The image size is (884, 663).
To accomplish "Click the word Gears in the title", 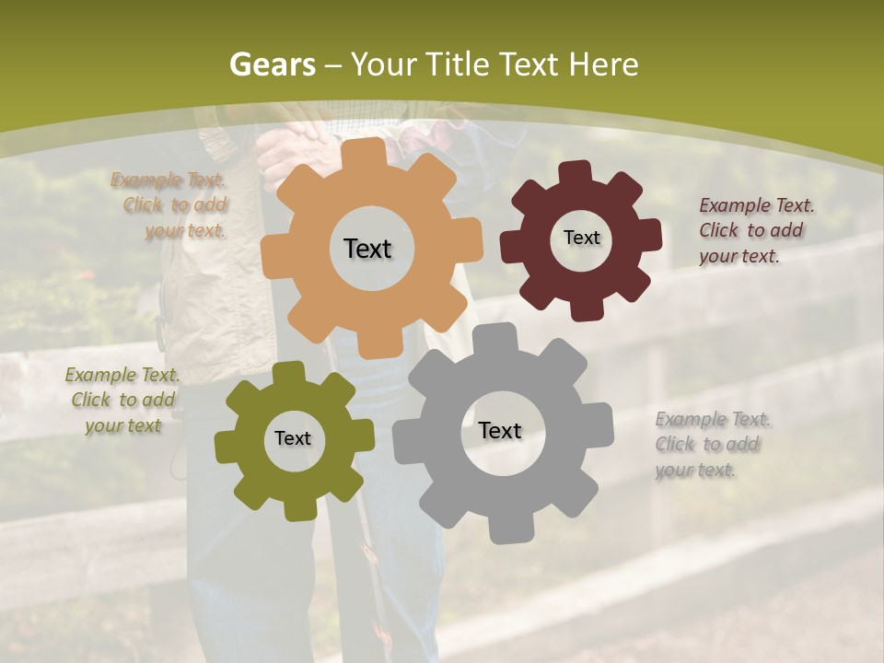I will coord(272,65).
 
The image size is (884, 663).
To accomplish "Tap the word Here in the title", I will coord(603,65).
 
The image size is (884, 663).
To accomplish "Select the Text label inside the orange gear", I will coord(367,249).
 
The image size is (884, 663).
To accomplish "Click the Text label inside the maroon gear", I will coord(581,238).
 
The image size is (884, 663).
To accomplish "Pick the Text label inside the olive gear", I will coord(293,438).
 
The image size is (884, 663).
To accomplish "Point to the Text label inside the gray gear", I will coord(499,430).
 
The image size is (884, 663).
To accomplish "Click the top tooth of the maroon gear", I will coord(576,172).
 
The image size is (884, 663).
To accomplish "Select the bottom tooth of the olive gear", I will coord(297,509).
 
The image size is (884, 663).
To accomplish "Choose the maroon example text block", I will coord(756,230).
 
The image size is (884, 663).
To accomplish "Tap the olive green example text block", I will coord(122,400).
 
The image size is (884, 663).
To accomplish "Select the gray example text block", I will coord(712,445).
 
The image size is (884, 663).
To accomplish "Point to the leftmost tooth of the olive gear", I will coord(226,447).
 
